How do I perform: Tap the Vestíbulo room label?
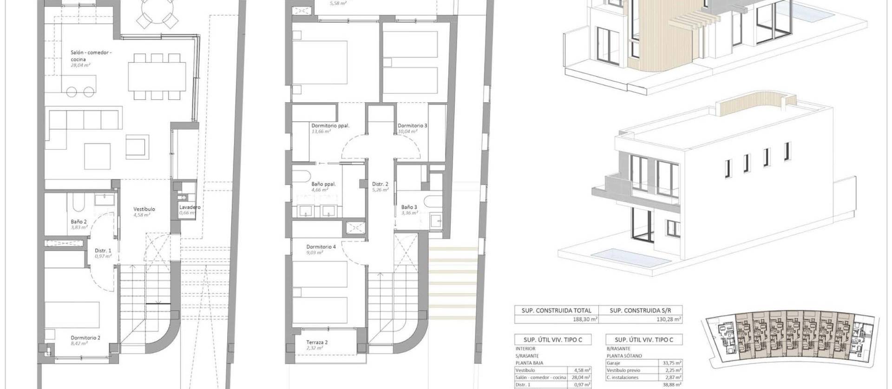click(144, 209)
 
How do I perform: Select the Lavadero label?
click(190, 207)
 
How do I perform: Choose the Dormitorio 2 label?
click(85, 338)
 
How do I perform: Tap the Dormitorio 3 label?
click(412, 125)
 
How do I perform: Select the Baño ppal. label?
click(323, 184)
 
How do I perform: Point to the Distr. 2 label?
click(380, 184)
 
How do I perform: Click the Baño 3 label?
click(409, 207)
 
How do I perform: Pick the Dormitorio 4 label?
click(321, 247)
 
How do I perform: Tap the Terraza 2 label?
click(317, 343)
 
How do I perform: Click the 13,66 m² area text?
click(321, 132)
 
